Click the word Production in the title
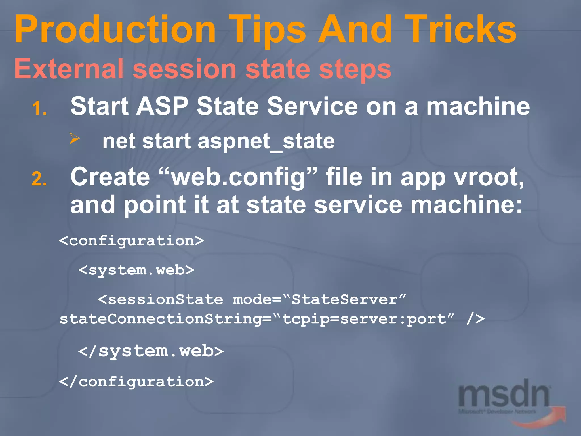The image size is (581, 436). click(115, 30)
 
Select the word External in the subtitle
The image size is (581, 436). click(69, 69)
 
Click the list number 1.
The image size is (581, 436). click(39, 109)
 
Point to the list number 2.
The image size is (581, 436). click(39, 180)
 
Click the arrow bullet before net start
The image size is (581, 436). click(75, 139)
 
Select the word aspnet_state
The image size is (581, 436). click(266, 141)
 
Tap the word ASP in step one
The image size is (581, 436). click(162, 106)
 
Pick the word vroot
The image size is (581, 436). click(489, 177)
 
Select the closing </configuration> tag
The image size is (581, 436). click(136, 381)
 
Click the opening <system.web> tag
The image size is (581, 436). click(136, 270)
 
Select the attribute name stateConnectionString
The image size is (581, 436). click(161, 319)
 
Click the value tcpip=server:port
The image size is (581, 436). click(365, 319)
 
